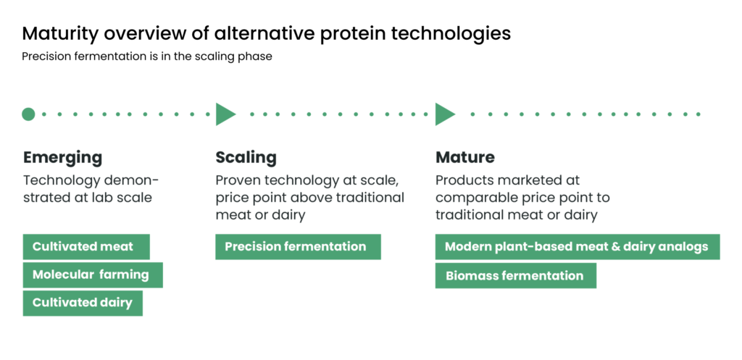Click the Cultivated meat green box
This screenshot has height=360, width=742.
click(x=86, y=246)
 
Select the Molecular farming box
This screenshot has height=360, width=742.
click(x=93, y=275)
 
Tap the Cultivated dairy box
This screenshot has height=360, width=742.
click(x=83, y=304)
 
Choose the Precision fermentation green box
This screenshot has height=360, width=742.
click(x=298, y=246)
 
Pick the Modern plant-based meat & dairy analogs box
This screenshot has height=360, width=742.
click(x=578, y=246)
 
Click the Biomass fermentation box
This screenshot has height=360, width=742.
click(x=516, y=275)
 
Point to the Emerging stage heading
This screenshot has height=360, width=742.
click(x=62, y=157)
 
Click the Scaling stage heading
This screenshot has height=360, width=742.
click(x=246, y=157)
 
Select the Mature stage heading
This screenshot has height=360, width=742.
click(x=465, y=157)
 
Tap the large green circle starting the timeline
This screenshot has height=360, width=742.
click(x=28, y=114)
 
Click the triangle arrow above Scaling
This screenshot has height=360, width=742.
click(x=225, y=114)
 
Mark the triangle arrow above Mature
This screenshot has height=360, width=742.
click(x=445, y=114)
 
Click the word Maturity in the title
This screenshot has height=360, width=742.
click(x=61, y=34)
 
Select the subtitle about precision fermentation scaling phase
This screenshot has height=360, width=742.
click(x=147, y=56)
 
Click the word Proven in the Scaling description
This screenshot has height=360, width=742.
click(x=238, y=180)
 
